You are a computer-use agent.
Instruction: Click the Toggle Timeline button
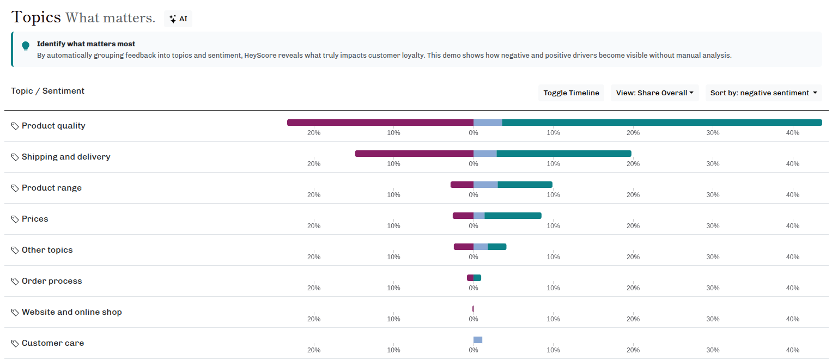tap(571, 93)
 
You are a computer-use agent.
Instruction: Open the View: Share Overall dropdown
tap(654, 93)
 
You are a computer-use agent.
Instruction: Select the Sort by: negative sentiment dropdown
tap(763, 93)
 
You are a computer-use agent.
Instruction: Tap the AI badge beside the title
tap(178, 19)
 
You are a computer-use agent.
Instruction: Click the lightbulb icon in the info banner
tap(26, 46)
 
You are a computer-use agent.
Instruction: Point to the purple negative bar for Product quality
tap(380, 123)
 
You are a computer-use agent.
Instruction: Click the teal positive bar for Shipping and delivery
tap(564, 154)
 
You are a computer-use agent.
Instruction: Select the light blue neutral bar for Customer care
tap(478, 340)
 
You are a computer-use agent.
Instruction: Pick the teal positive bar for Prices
tap(513, 216)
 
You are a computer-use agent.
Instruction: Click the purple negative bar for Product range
tap(462, 185)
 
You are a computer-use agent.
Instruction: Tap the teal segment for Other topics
tap(497, 247)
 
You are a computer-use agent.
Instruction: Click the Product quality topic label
tap(53, 126)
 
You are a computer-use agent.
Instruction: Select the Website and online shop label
tap(71, 312)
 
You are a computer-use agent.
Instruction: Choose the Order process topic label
tap(52, 281)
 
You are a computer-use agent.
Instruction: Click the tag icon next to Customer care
tap(15, 344)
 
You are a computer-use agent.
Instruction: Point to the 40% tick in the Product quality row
tap(792, 133)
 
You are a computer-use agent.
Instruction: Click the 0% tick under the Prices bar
tap(473, 226)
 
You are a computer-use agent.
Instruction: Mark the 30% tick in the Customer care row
tap(713, 350)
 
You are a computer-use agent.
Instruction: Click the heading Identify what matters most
tap(86, 44)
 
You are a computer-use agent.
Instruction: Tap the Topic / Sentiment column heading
tap(48, 91)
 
